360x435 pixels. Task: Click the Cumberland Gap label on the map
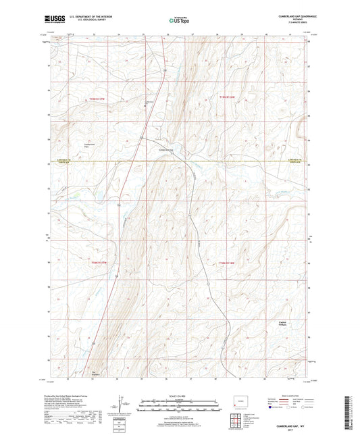click(166, 149)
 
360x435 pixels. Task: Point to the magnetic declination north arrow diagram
click(122, 405)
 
